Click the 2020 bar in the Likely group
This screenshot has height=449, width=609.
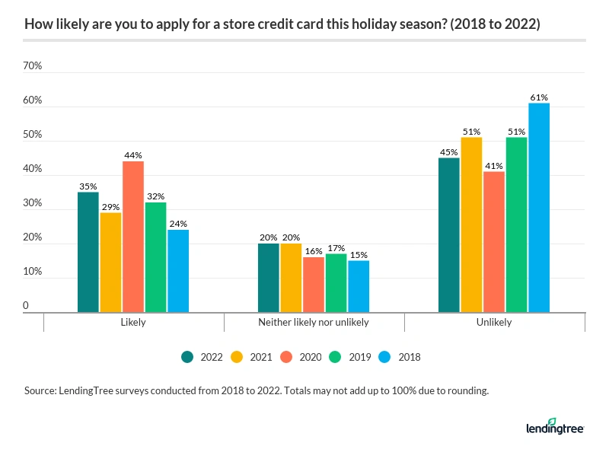pyautogui.click(x=133, y=237)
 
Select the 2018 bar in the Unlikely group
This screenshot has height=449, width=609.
pyautogui.click(x=539, y=208)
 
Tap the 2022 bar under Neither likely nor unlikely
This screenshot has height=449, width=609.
pyautogui.click(x=269, y=278)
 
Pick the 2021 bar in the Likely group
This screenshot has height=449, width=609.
pyautogui.click(x=110, y=263)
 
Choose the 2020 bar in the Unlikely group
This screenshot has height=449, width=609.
pyautogui.click(x=494, y=242)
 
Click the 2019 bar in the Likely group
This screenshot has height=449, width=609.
pyautogui.click(x=155, y=257)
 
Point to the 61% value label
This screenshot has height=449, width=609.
pyautogui.click(x=539, y=97)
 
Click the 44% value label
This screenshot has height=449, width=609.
pyautogui.click(x=133, y=155)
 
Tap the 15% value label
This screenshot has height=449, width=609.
pyautogui.click(x=359, y=255)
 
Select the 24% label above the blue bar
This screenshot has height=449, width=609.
pyautogui.click(x=178, y=224)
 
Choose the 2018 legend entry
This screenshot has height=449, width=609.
pyautogui.click(x=402, y=356)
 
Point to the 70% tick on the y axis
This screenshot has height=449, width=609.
pyautogui.click(x=33, y=66)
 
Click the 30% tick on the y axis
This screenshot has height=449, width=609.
pyautogui.click(x=33, y=203)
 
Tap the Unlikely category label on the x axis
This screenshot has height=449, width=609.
pyautogui.click(x=494, y=322)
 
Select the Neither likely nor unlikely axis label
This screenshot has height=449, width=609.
pyautogui.click(x=314, y=322)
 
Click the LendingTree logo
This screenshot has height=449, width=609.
pyautogui.click(x=555, y=427)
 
